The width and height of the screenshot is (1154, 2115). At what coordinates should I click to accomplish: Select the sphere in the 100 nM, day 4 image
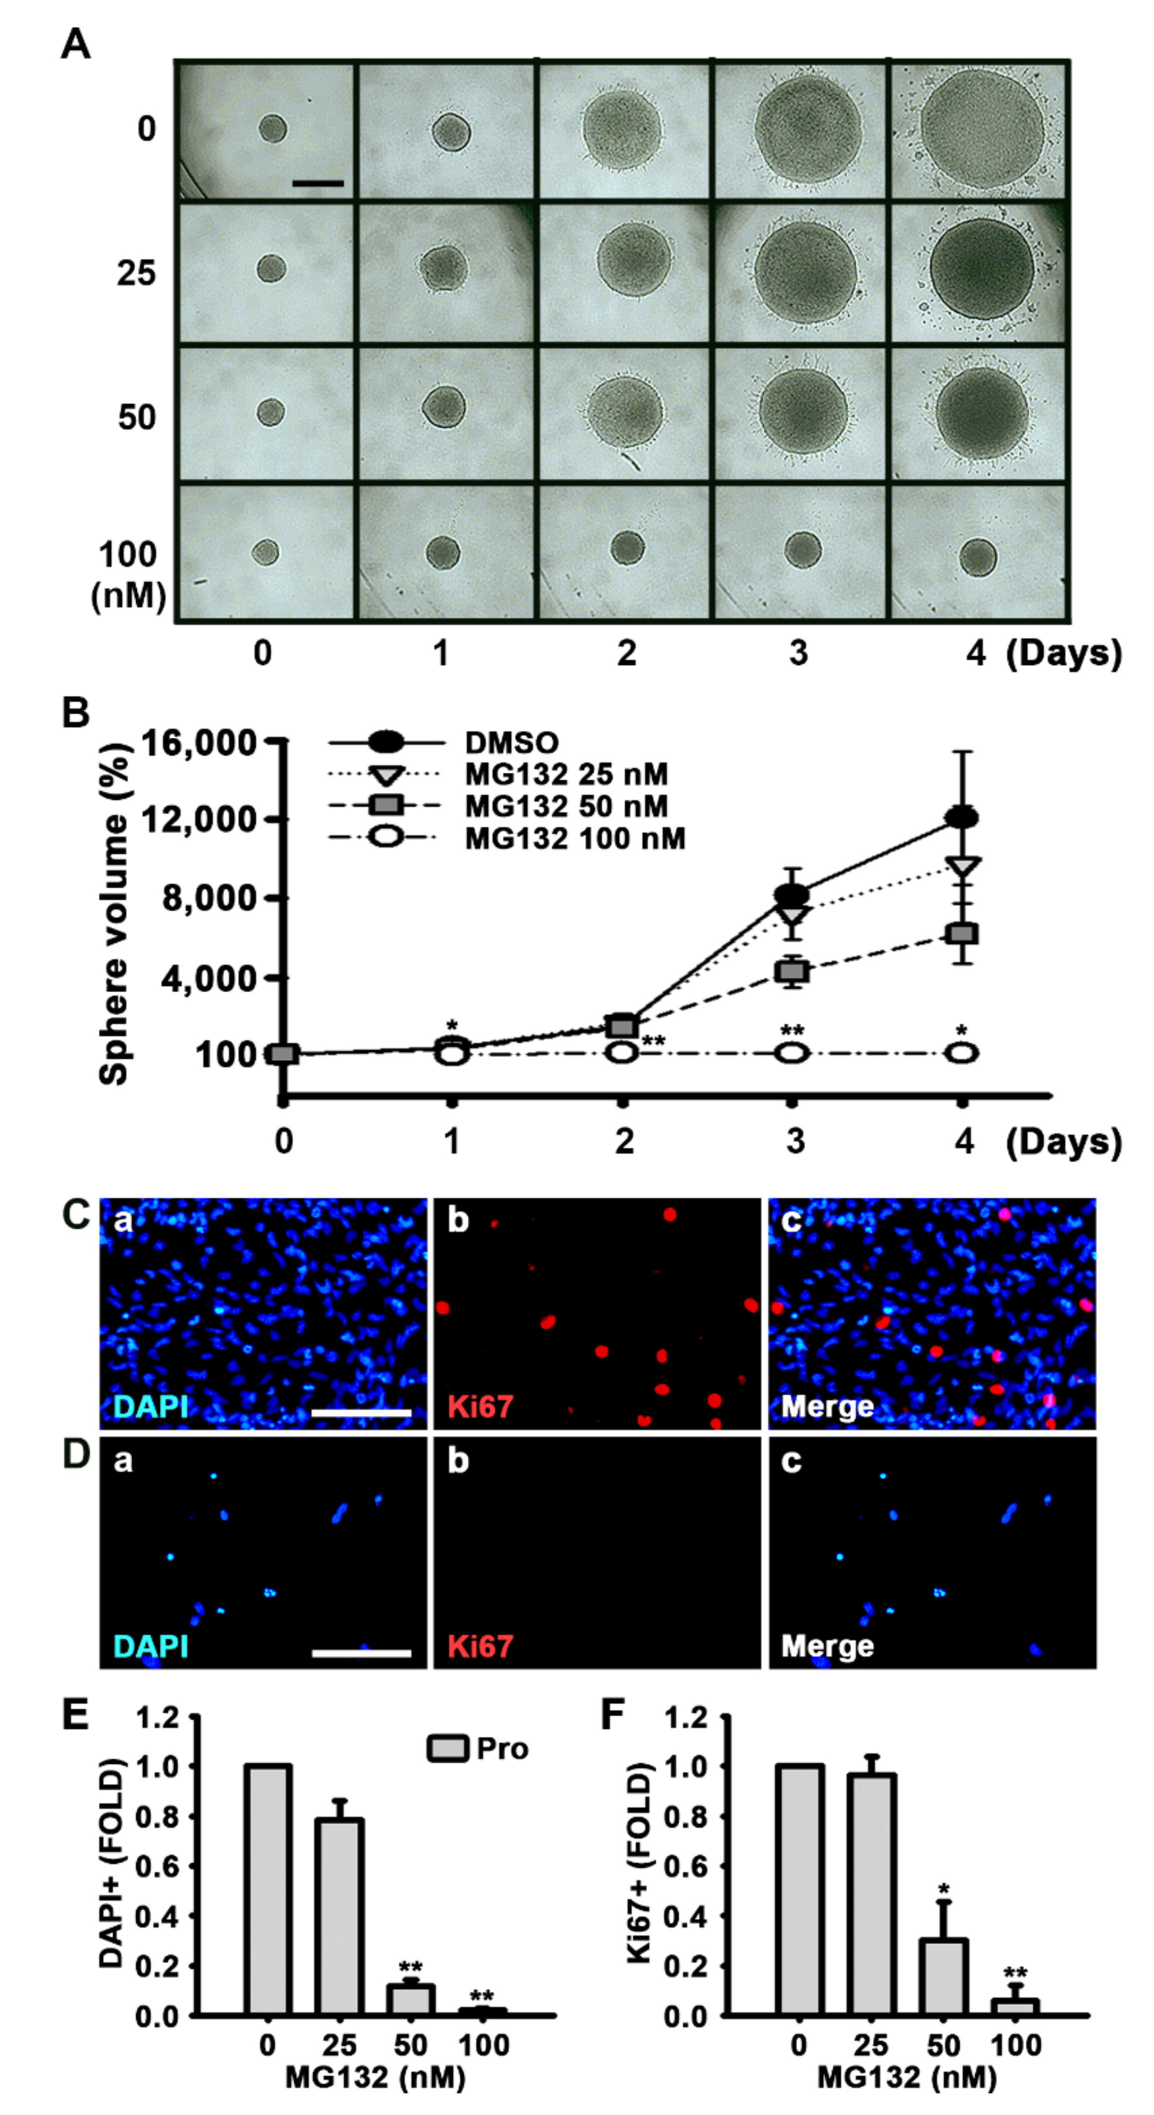(x=977, y=558)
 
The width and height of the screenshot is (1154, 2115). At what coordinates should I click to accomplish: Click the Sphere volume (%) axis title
(x=115, y=915)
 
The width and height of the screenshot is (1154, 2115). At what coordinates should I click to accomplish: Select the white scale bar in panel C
(x=361, y=1413)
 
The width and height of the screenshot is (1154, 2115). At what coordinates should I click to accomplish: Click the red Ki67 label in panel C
(x=481, y=1407)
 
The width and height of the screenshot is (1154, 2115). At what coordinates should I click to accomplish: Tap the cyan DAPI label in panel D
(x=151, y=1646)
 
